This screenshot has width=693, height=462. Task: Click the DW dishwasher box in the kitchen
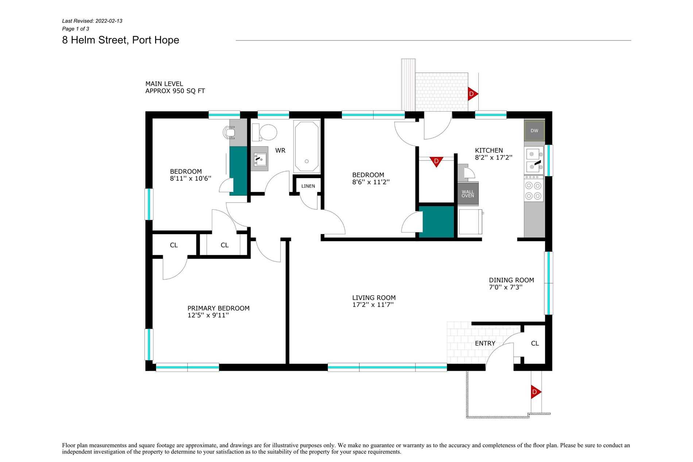click(534, 131)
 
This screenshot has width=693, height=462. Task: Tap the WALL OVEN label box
click(468, 194)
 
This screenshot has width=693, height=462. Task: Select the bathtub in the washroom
click(307, 147)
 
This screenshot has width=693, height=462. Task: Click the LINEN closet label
click(308, 186)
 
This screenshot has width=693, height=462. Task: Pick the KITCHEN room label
click(489, 150)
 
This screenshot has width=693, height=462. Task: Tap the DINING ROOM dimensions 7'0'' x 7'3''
click(506, 287)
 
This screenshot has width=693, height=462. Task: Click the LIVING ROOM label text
click(374, 298)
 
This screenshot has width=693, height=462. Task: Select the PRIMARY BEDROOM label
click(218, 308)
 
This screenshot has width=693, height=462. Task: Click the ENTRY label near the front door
click(485, 343)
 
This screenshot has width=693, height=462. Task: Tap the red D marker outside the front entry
click(535, 392)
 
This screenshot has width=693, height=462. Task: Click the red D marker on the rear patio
click(472, 94)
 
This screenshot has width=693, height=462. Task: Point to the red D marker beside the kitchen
click(436, 161)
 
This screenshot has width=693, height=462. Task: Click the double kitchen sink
click(534, 161)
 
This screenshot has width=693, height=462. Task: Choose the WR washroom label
click(280, 150)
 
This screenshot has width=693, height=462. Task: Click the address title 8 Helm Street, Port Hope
click(121, 40)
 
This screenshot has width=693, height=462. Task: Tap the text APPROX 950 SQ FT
click(175, 91)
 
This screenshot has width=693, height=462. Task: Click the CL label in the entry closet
click(535, 343)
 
